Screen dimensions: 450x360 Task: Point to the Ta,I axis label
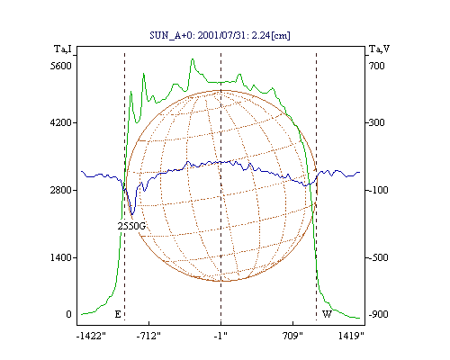tap(63, 49)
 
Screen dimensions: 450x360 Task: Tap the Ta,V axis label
tap(379, 49)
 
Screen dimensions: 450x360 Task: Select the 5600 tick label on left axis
tap(61, 66)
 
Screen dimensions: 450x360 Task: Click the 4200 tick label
tap(61, 122)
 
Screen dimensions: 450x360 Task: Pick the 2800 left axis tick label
tap(61, 190)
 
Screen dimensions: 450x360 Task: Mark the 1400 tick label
tap(61, 257)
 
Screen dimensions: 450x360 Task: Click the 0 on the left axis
tap(68, 314)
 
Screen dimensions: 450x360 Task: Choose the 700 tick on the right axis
tap(376, 66)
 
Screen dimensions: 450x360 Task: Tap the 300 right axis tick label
tap(376, 122)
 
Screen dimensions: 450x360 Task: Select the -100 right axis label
tap(378, 190)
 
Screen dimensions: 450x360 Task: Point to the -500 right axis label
tap(378, 257)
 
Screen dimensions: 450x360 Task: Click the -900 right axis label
tap(378, 314)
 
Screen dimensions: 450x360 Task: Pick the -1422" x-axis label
tap(91, 336)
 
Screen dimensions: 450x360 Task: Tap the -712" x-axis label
tap(148, 336)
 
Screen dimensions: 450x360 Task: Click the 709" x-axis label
tap(292, 336)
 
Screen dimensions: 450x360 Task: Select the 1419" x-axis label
tap(351, 336)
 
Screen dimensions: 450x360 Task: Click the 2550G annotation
tap(131, 226)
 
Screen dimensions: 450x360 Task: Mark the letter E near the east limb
tap(118, 314)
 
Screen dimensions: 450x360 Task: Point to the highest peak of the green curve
tap(193, 59)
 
